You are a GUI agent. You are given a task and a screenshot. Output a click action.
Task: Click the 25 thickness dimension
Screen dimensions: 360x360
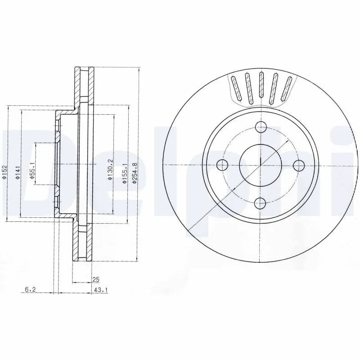click(95, 279)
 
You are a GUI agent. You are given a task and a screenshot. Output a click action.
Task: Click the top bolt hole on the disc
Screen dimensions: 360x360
click(261, 127)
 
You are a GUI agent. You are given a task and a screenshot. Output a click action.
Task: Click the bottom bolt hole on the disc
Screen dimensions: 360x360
click(261, 203)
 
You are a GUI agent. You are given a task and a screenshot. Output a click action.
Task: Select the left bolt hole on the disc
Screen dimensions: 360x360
click(223, 166)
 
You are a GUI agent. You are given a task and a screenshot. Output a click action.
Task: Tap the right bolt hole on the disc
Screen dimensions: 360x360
click(299, 166)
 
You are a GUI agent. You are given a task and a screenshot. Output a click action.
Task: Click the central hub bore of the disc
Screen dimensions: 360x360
click(261, 165)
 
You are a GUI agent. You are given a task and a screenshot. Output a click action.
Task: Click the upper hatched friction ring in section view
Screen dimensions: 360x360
click(84, 85)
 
